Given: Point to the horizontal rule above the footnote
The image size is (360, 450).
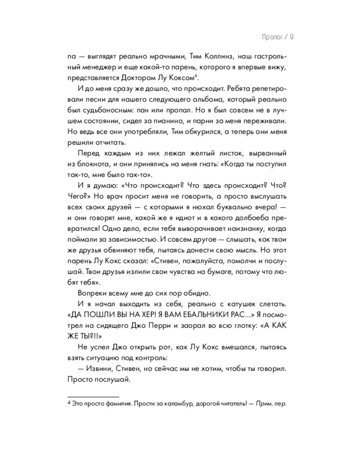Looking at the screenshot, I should pyautogui.click(x=93, y=397).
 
